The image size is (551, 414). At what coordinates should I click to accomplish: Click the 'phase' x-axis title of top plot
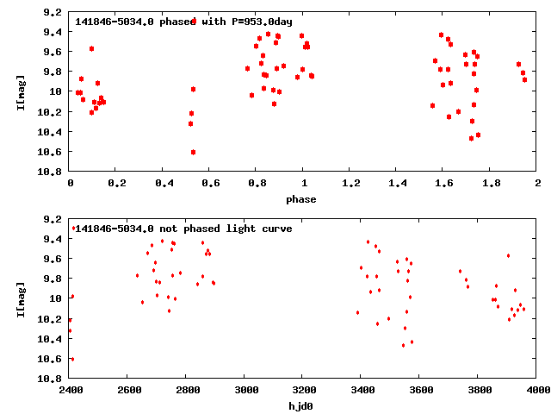(x=302, y=199)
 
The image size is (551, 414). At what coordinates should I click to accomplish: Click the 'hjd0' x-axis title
(x=302, y=406)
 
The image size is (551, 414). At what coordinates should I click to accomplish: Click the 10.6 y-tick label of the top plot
(x=51, y=152)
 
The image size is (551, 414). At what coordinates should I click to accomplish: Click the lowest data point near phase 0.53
(x=193, y=152)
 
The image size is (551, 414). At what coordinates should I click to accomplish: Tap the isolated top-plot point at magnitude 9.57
(x=92, y=48)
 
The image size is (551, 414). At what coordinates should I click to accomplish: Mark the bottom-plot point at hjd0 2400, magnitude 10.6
(x=71, y=359)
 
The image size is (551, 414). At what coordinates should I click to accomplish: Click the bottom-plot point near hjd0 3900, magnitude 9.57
(x=509, y=255)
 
